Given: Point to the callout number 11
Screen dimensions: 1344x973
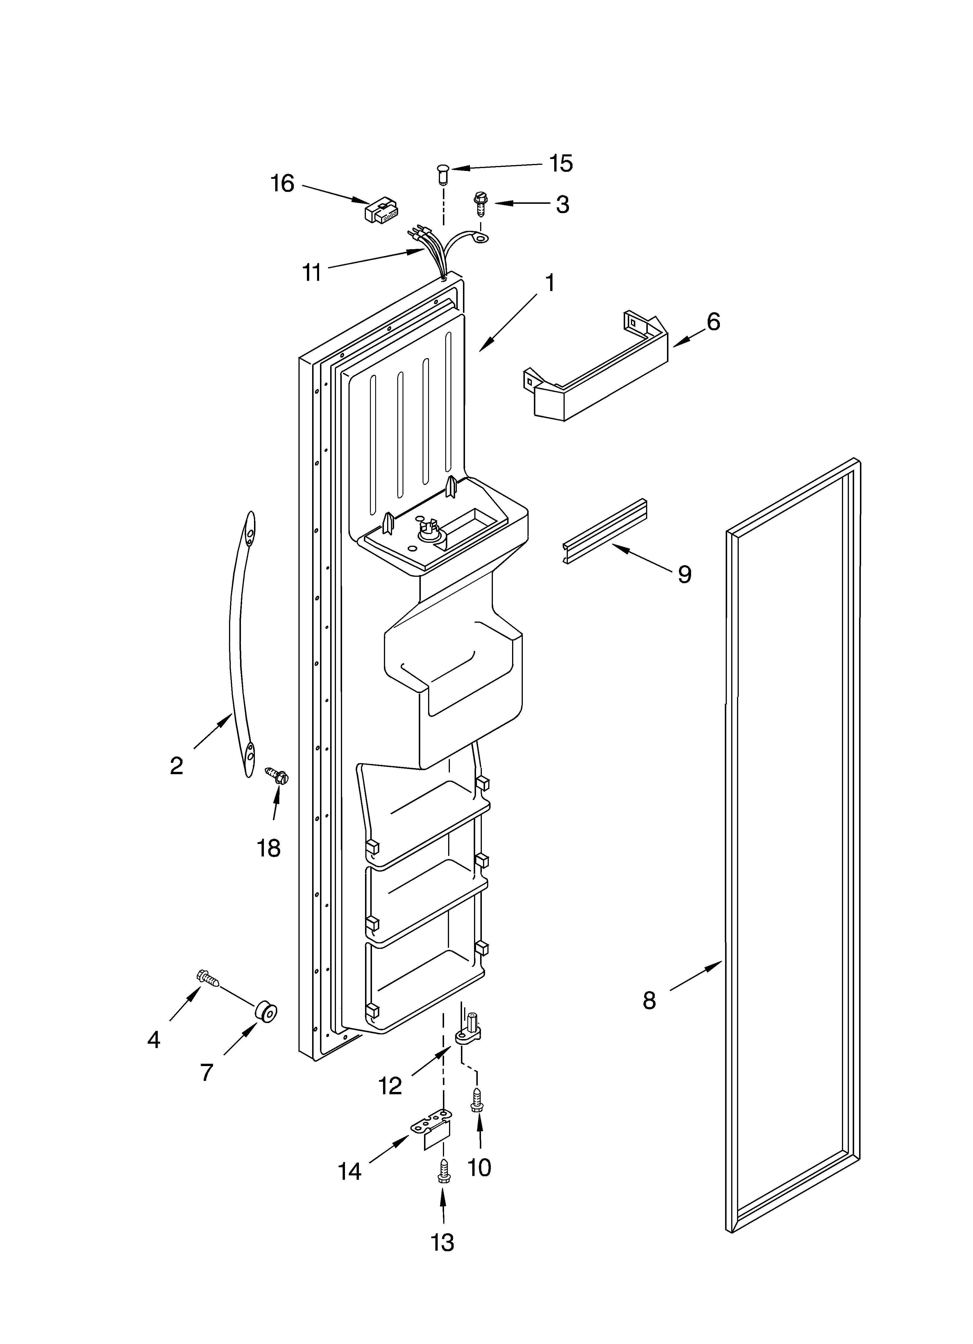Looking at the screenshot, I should (312, 273).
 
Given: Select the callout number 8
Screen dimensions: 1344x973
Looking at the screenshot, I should (650, 1001).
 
